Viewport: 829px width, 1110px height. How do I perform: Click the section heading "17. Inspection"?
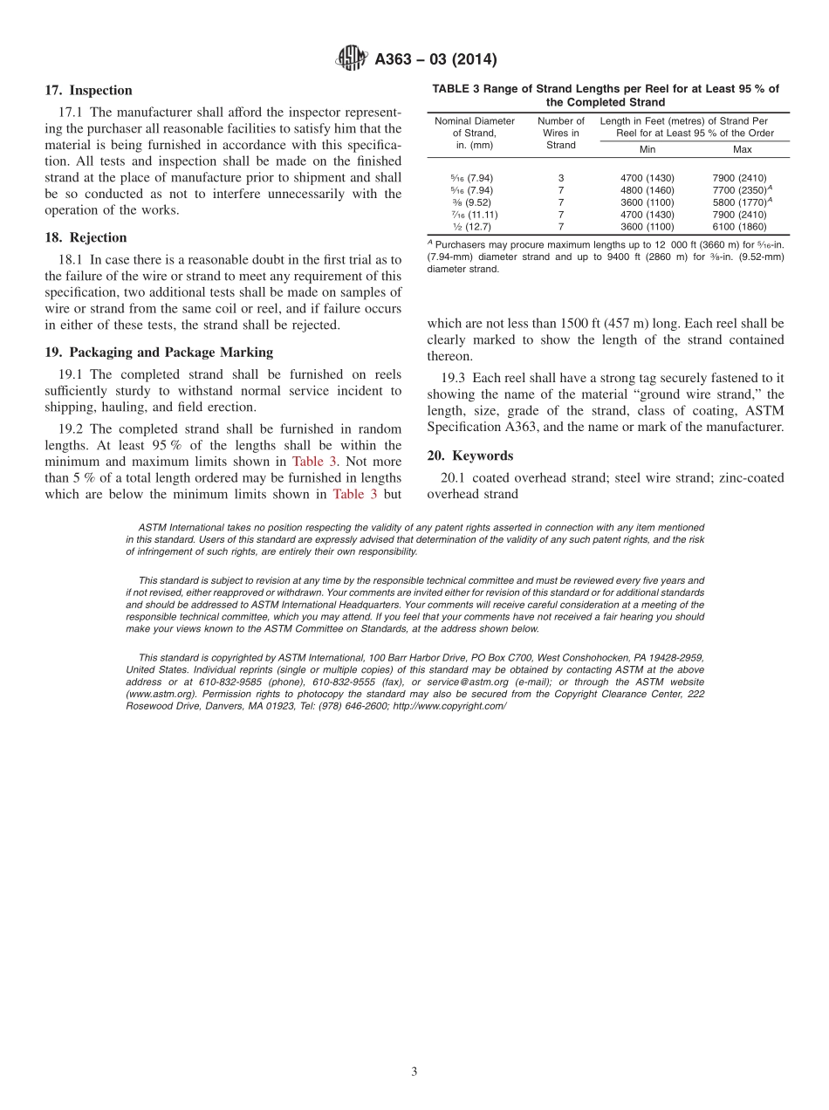(x=88, y=91)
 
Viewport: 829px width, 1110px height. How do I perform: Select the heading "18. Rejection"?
(x=86, y=237)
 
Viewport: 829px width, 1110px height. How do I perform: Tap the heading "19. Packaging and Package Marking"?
(x=159, y=353)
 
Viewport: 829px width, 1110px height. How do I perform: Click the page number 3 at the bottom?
(x=414, y=1072)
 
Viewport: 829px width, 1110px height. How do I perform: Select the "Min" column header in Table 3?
(x=647, y=149)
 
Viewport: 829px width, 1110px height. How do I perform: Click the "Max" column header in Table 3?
(x=742, y=149)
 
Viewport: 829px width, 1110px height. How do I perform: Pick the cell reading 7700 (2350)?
(x=739, y=190)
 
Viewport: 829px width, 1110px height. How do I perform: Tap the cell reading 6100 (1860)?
(x=739, y=227)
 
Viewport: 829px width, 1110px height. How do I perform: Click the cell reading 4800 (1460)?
(x=647, y=190)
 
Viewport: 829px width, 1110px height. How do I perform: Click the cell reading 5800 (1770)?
(x=739, y=202)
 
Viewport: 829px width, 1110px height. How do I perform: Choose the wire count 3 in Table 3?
(x=561, y=178)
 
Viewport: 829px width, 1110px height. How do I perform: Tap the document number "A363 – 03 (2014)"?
(x=435, y=59)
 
